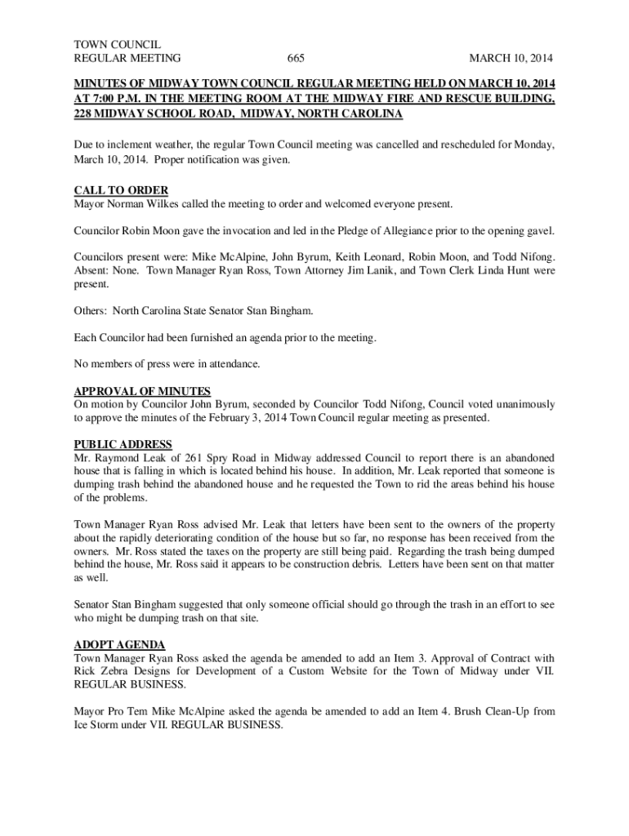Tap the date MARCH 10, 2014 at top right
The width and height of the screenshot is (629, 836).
[x=510, y=58]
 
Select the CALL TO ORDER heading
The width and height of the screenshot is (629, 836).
[x=121, y=190]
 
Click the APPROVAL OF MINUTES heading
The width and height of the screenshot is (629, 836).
[x=142, y=391]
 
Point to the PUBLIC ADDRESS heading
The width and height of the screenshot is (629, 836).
[x=123, y=445]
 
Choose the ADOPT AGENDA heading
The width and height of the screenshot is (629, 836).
[x=119, y=645]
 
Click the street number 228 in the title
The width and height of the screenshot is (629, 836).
[x=83, y=113]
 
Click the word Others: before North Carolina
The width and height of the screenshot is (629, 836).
[x=90, y=312]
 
